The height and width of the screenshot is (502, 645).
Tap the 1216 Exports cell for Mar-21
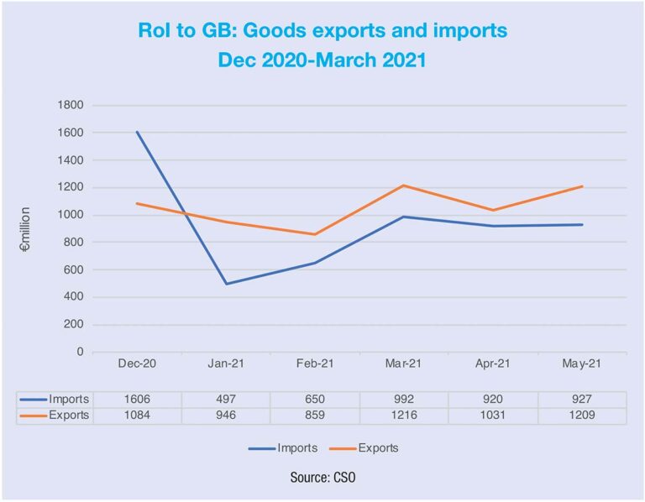[x=402, y=416]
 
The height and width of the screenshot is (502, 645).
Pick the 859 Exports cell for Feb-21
[x=314, y=416]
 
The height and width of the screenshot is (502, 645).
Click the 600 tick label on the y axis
[x=74, y=270]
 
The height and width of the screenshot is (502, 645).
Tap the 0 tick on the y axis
[x=80, y=353]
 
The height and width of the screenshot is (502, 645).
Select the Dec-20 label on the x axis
[x=136, y=363]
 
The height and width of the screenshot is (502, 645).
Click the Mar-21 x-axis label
[x=402, y=363]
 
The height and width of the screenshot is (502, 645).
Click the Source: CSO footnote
[x=322, y=477]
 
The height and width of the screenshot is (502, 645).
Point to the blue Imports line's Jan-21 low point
[x=225, y=284]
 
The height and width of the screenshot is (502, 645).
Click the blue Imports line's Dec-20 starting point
[x=136, y=132]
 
